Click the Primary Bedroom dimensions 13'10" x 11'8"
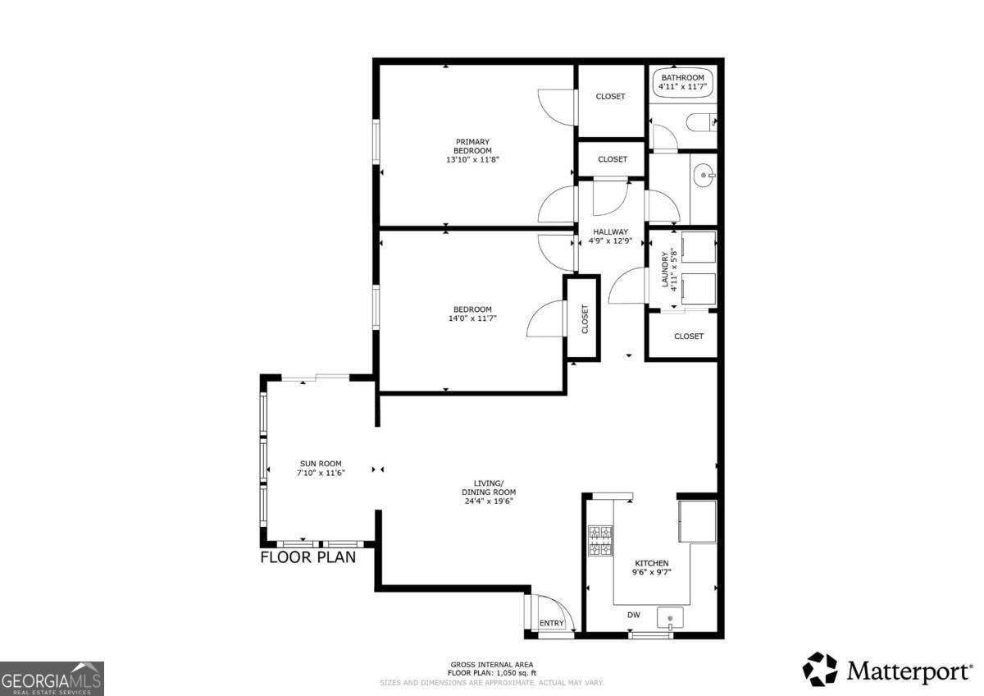tap(472, 159)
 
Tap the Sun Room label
tap(321, 464)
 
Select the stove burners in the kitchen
tap(600, 541)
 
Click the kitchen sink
tap(670, 618)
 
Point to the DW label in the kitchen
tap(633, 615)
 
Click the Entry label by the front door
tap(551, 623)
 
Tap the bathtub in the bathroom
tap(682, 82)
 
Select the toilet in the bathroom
tap(701, 122)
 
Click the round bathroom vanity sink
tap(704, 175)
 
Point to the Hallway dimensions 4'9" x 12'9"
tap(610, 241)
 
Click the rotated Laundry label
tap(664, 269)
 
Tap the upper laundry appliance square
tap(699, 248)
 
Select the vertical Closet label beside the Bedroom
tap(585, 319)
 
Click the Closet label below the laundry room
tap(689, 337)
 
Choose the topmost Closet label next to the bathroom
tap(610, 96)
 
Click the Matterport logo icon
tap(820, 670)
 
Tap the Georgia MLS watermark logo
tap(52, 679)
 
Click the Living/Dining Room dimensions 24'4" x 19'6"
tap(489, 501)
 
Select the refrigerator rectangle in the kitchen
tap(698, 521)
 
